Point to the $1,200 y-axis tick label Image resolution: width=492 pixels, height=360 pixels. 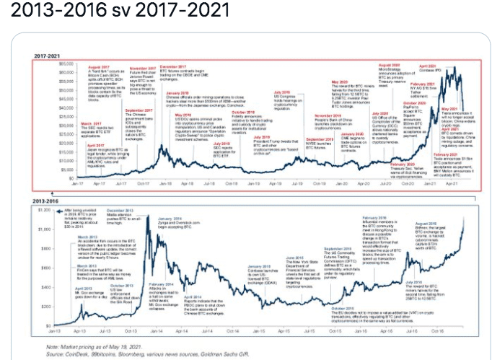(43, 210)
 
